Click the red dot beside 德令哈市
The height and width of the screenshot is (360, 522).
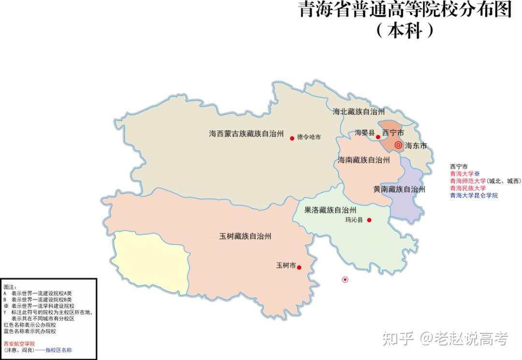pos(292,138)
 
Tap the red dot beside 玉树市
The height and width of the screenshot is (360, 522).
pos(299,267)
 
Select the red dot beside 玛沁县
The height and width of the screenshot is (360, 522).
pos(369,220)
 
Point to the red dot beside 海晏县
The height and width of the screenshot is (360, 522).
pos(378,137)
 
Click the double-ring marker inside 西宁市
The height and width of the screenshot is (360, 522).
pos(398,145)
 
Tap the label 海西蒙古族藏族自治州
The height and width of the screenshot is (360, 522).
pos(246,134)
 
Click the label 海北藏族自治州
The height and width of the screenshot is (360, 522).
pos(358,112)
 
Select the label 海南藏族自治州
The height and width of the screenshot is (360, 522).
pos(363,160)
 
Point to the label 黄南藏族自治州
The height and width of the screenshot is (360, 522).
pos(399,189)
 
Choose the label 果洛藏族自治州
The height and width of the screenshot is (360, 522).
pos(330,210)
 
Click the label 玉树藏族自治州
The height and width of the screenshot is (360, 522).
pos(245,236)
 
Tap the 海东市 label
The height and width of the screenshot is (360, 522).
pos(416,145)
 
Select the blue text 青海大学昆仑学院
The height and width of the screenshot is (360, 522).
pos(474,196)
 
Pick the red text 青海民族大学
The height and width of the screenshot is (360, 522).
pos(468,188)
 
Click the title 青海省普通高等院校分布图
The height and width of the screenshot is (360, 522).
pos(405,10)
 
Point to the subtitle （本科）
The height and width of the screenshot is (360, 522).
pos(405,30)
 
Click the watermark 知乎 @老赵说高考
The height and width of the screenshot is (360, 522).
pos(445,339)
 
